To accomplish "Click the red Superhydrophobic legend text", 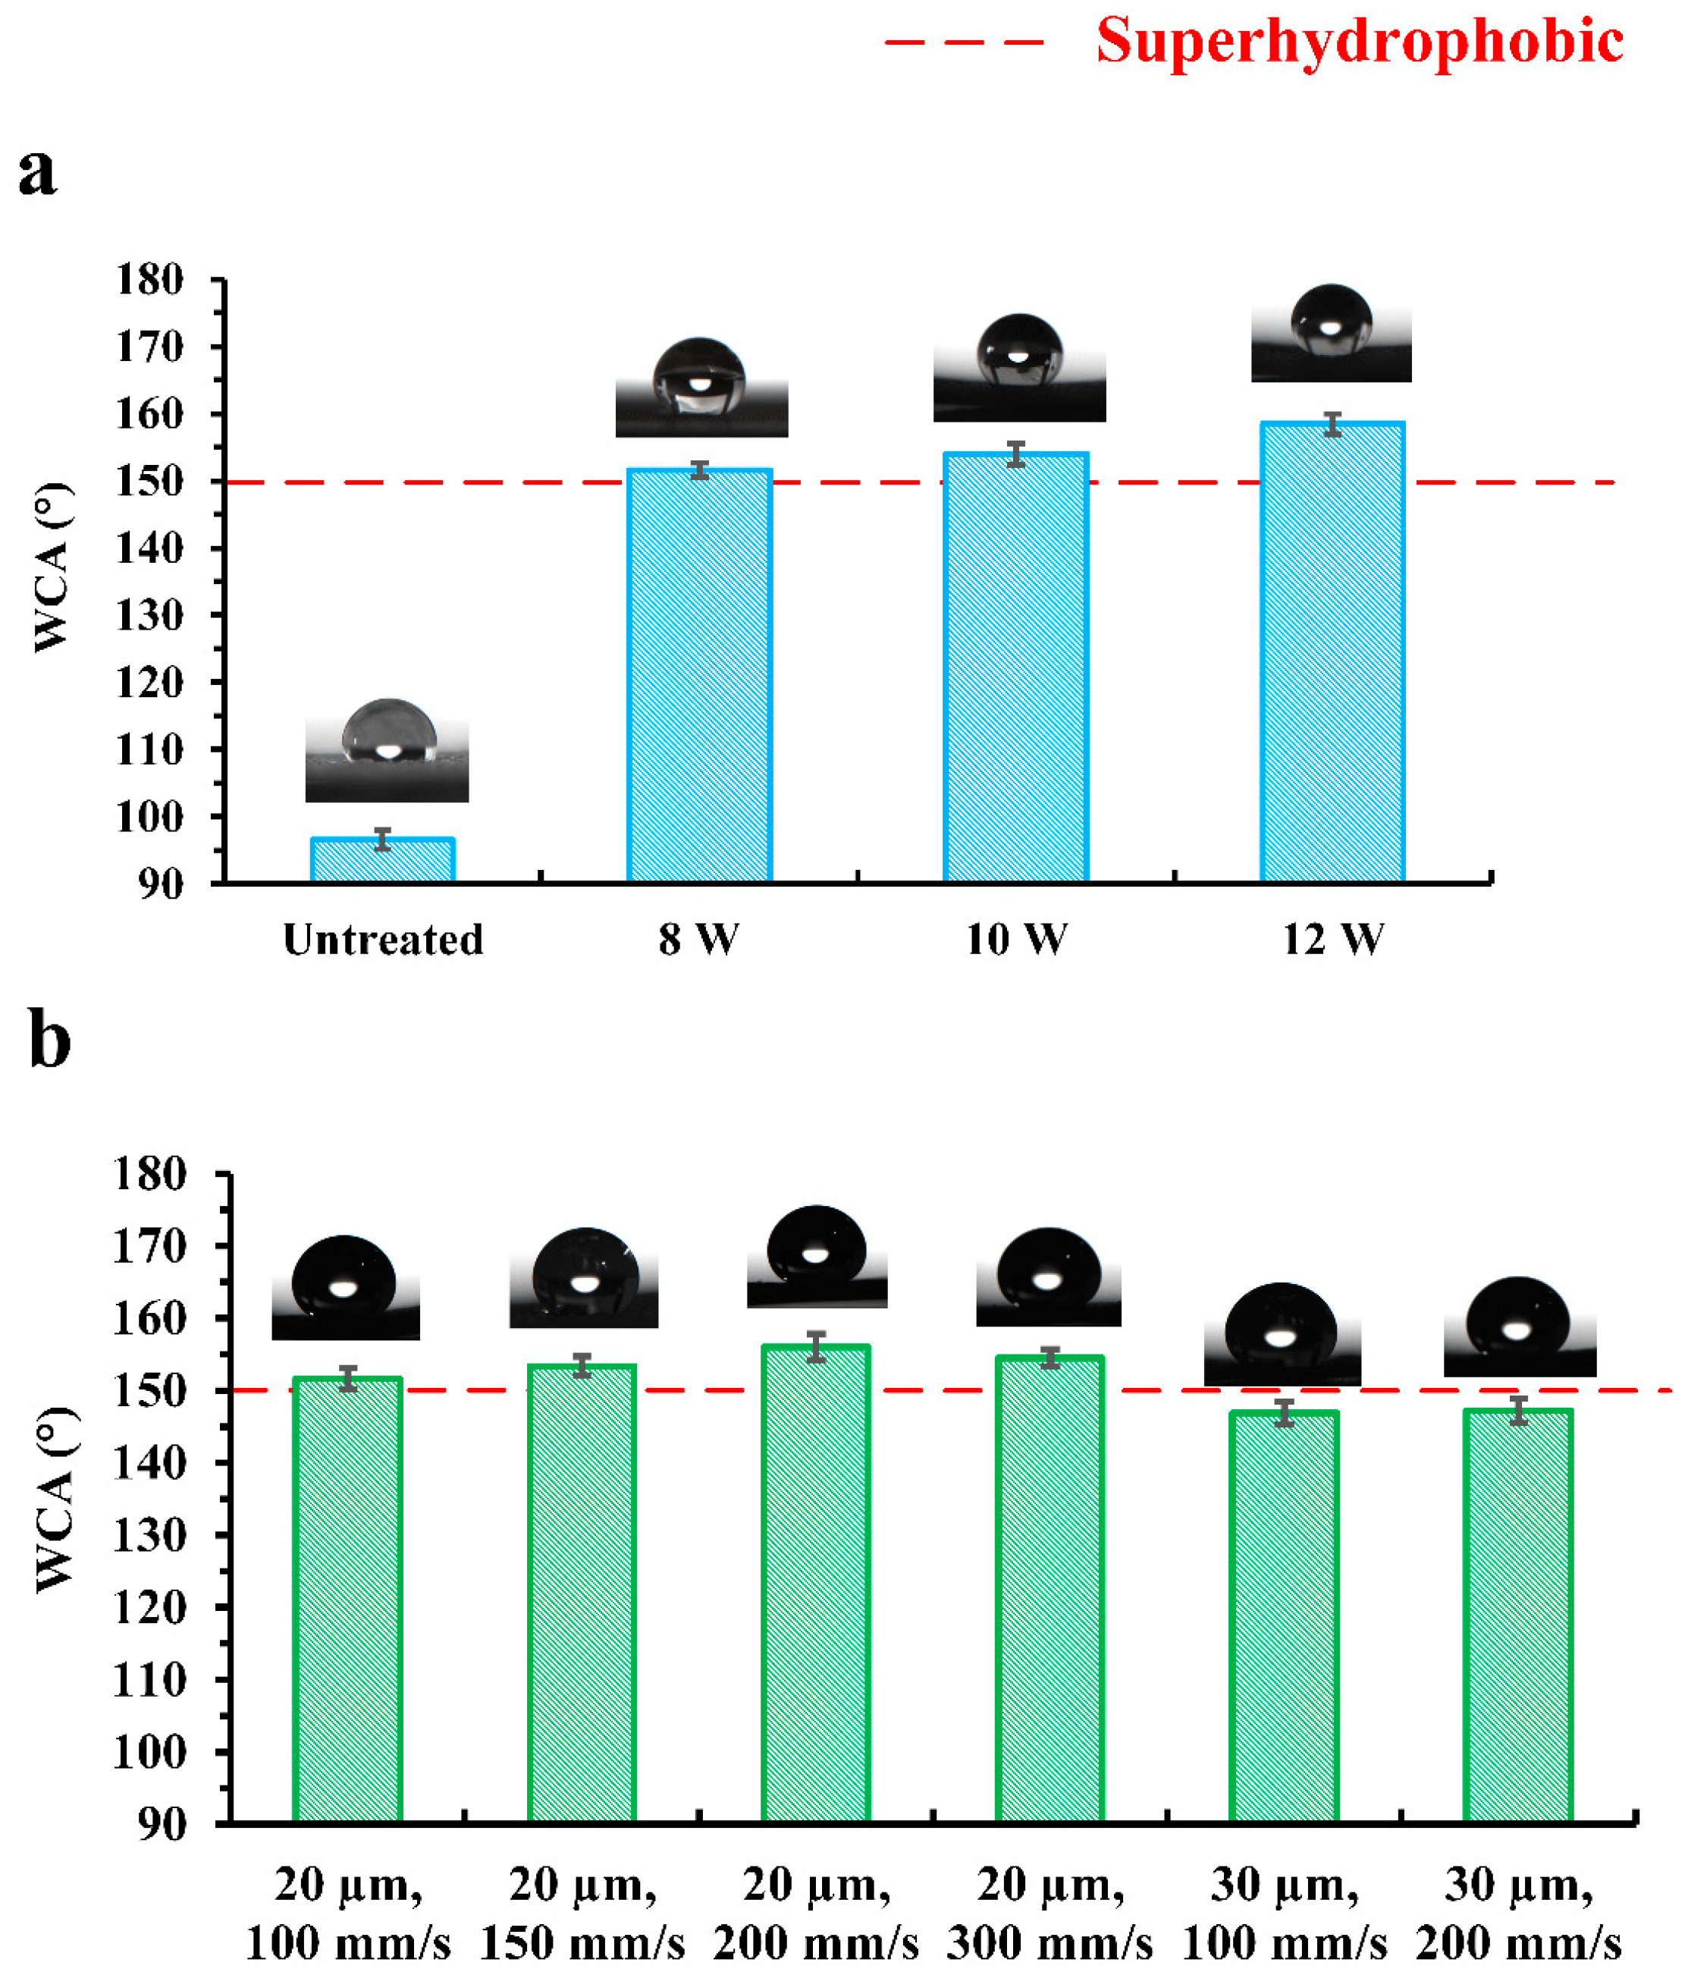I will pyautogui.click(x=1359, y=42).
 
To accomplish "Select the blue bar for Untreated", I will pyautogui.click(x=382, y=860).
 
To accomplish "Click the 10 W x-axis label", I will pyautogui.click(x=1016, y=940).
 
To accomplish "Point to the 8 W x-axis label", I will pyautogui.click(x=698, y=940).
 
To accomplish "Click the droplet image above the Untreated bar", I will pyautogui.click(x=387, y=750).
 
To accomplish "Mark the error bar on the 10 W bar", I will pyautogui.click(x=1016, y=454).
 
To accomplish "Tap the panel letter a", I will pyautogui.click(x=37, y=172).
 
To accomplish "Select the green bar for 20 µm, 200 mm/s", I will pyautogui.click(x=815, y=1582).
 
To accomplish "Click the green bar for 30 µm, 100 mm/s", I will pyautogui.click(x=1284, y=1615).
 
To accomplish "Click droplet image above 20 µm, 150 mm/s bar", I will pyautogui.click(x=583, y=1278).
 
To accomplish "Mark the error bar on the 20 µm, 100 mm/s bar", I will pyautogui.click(x=348, y=1378).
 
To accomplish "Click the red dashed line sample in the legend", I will pyautogui.click(x=965, y=42).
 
